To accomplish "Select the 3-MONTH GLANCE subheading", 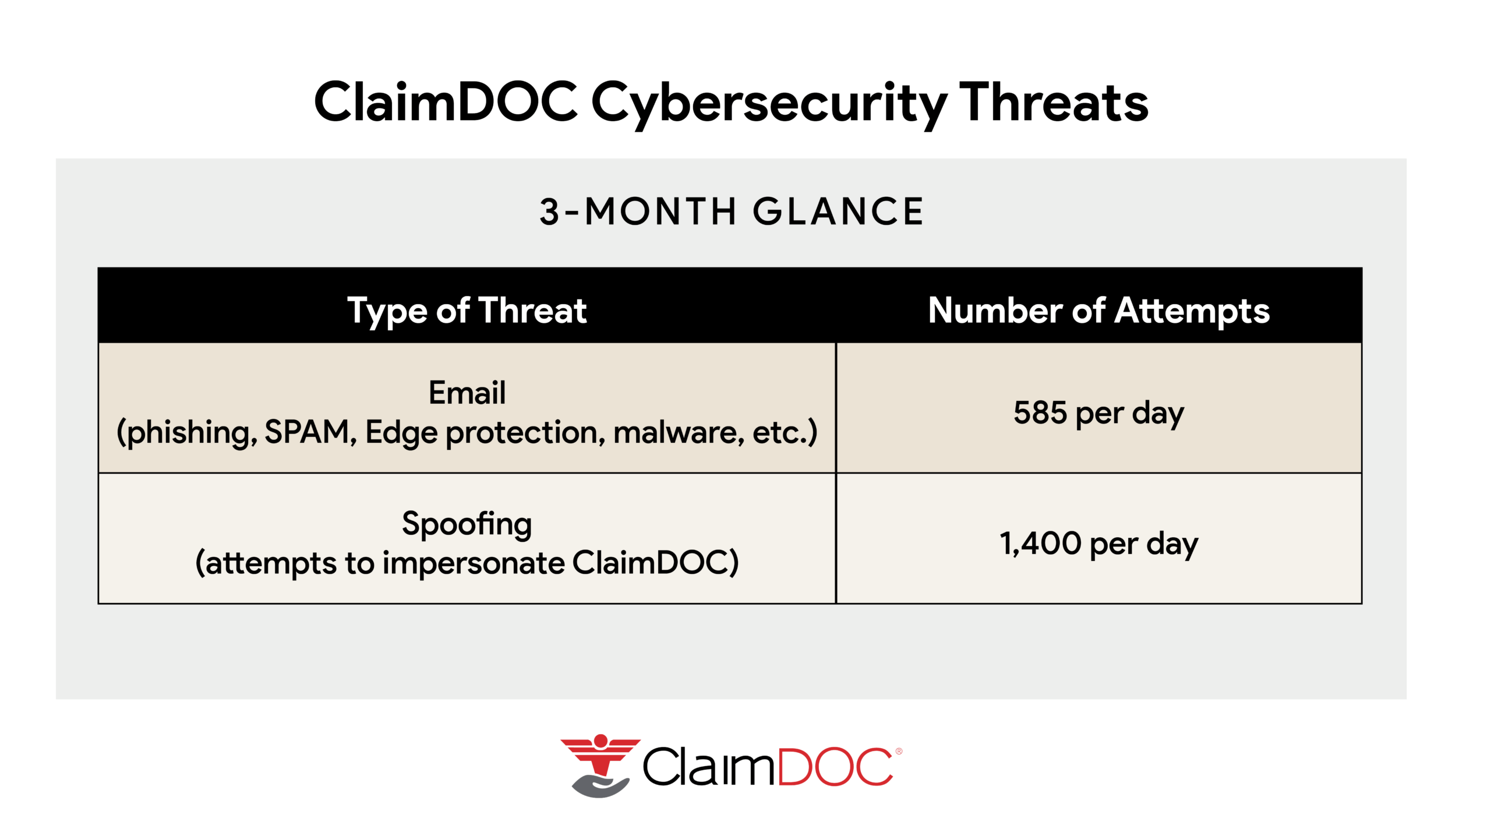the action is tap(732, 211).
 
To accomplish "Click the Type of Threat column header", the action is tap(467, 311).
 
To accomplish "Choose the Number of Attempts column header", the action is tap(1099, 311).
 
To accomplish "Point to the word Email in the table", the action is tap(467, 392).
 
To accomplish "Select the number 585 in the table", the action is tap(1040, 413).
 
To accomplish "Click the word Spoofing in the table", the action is tap(467, 524).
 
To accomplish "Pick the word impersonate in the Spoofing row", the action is tap(474, 563).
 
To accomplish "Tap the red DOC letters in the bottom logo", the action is tap(834, 767).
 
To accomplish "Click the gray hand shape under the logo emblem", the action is tap(600, 786).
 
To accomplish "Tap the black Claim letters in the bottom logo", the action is tap(708, 767).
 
